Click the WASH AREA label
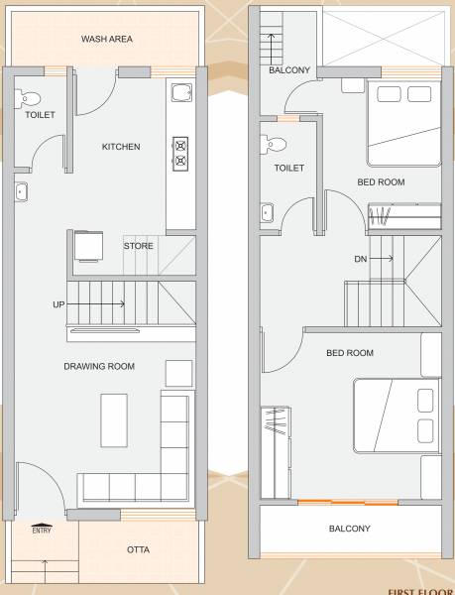106,40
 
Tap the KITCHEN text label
121,147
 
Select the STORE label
138,245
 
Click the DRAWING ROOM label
99,366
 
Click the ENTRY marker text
42,530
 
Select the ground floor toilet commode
29,97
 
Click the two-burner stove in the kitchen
181,151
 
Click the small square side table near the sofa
179,373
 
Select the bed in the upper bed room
404,125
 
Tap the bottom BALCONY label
349,529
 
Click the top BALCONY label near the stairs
289,70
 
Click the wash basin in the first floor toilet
267,211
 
